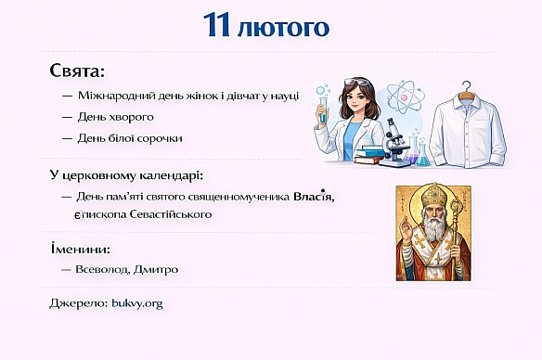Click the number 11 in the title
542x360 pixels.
219,25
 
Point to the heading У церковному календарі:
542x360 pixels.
126,175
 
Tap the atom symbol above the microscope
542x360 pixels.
405,96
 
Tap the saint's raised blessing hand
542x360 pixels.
406,229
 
